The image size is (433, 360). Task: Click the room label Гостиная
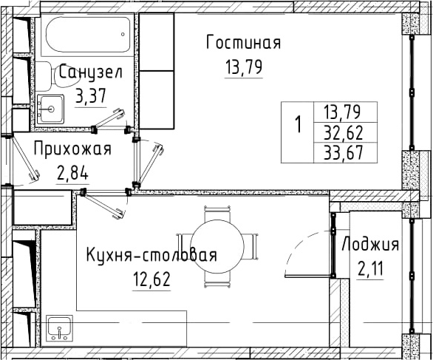[x=244, y=42]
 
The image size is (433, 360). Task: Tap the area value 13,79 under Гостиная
[x=244, y=67]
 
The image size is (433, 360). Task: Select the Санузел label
[x=91, y=72]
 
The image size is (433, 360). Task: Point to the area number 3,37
[x=91, y=96]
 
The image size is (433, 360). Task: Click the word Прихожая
[x=72, y=149]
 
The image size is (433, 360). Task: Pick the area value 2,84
[x=72, y=174]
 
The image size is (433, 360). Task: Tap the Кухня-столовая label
[x=151, y=254]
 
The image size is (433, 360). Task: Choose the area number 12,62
[x=151, y=279]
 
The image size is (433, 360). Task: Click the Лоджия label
[x=370, y=245]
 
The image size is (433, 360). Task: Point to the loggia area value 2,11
[x=370, y=269]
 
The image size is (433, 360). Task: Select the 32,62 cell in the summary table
[x=343, y=133]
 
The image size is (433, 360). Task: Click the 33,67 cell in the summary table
[x=343, y=153]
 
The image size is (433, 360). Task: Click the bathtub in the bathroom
[x=88, y=35]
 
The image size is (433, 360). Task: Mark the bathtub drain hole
[x=123, y=34]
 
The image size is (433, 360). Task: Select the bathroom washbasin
[x=50, y=109]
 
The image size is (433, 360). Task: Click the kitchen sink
[x=60, y=328]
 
